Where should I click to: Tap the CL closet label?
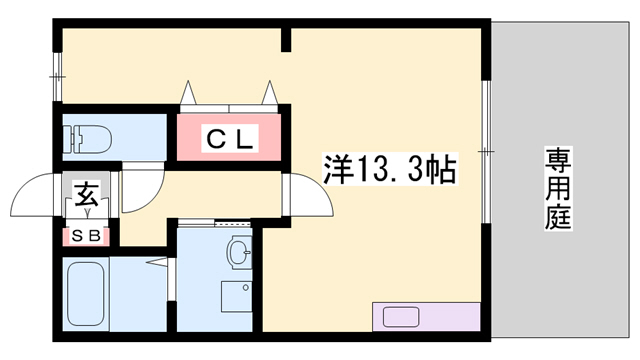pyautogui.click(x=230, y=137)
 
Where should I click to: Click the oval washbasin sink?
pyautogui.click(x=238, y=253)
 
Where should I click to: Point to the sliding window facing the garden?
pyautogui.click(x=487, y=150)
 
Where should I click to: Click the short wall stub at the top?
pyautogui.click(x=286, y=39)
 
